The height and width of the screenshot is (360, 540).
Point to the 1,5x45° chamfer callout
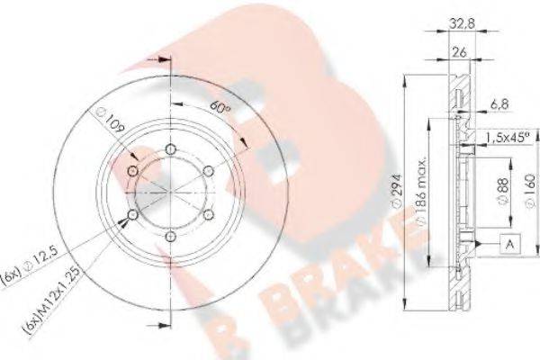click(x=506, y=138)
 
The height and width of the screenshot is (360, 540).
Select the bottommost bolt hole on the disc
click(x=170, y=236)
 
